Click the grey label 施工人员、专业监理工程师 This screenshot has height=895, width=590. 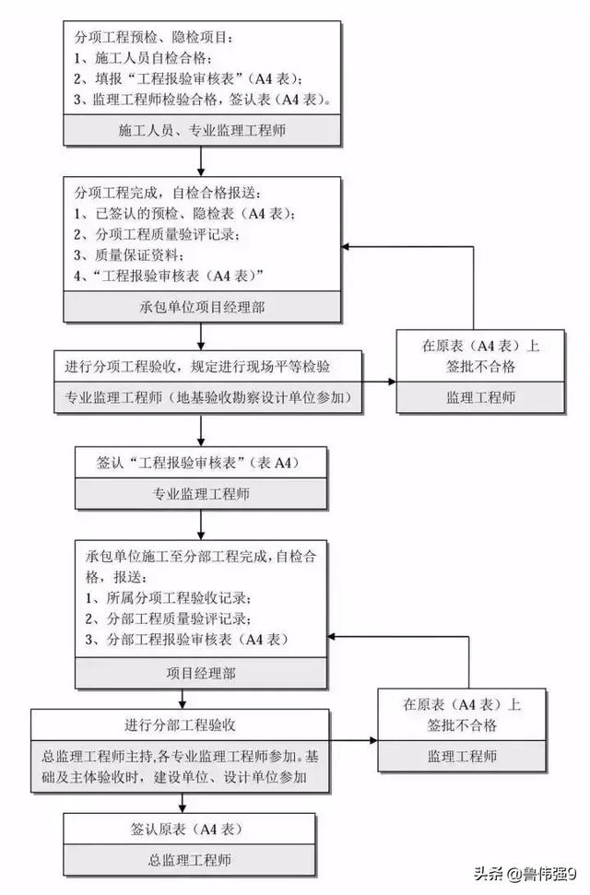coord(202,130)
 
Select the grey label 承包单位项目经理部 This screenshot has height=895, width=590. coord(202,307)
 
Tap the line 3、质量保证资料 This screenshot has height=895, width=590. coord(129,255)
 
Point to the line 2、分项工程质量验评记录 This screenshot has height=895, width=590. coord(157,234)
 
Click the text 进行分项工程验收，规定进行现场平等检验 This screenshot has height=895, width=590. coord(197,367)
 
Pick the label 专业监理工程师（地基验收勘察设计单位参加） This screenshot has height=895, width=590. coord(208,397)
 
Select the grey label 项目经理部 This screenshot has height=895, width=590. coord(201,674)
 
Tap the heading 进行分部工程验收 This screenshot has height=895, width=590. coord(181,725)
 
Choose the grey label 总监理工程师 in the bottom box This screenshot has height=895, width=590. coord(190,860)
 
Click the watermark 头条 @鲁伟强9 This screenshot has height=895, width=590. coord(525,873)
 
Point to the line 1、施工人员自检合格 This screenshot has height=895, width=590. coord(143,58)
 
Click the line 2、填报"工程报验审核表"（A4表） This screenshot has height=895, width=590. coord(188,78)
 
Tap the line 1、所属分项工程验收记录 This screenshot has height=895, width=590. coord(169,598)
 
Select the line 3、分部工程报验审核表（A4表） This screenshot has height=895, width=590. coord(187,640)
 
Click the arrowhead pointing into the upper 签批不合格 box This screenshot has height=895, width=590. coord(392,382)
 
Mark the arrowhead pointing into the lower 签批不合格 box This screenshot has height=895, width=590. coord(373,740)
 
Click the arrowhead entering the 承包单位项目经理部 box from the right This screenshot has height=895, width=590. coord(346,247)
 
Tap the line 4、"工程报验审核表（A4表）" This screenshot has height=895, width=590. coord(169,276)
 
